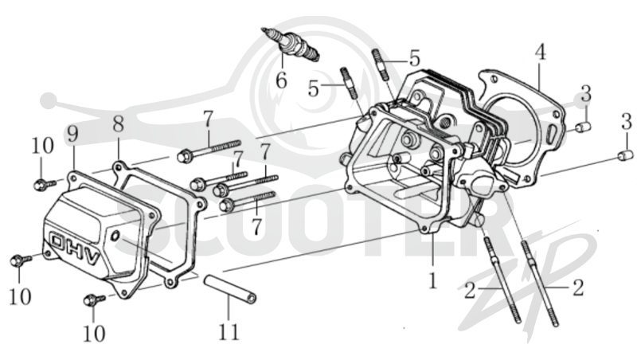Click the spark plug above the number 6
291,45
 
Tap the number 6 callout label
282,80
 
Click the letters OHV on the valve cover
76,248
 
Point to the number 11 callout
229,331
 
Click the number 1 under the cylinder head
433,280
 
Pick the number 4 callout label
540,52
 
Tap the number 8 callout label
118,124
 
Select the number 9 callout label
72,134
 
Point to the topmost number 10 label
43,146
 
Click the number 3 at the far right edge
627,122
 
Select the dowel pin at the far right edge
625,155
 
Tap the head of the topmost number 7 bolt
184,155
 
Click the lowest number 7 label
256,227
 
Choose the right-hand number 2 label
578,288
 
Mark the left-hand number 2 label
470,291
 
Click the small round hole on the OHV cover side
115,235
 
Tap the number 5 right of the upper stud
414,58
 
